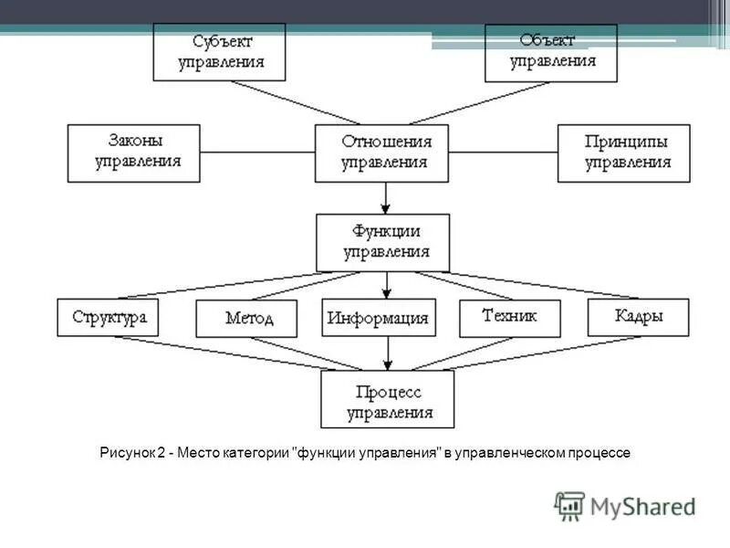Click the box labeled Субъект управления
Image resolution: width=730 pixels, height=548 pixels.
(x=219, y=52)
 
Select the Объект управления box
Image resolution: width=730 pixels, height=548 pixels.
(x=552, y=52)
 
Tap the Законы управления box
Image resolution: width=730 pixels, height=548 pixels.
(x=133, y=153)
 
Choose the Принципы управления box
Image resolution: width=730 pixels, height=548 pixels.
(x=624, y=153)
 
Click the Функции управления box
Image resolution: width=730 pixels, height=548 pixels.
(x=384, y=242)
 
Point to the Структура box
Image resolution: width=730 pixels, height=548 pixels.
(x=108, y=317)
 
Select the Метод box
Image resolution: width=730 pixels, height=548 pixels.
(x=246, y=319)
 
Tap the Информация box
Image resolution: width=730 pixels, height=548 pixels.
(x=379, y=319)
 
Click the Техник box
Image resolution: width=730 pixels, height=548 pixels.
(x=509, y=317)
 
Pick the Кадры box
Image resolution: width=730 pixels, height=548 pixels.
(x=638, y=317)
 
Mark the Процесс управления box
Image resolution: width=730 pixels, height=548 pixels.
(x=388, y=400)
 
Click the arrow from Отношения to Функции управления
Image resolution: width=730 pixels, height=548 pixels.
(x=387, y=196)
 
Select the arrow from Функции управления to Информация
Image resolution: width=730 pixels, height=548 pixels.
(x=387, y=285)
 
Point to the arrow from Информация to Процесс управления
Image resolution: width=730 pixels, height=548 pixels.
(x=388, y=353)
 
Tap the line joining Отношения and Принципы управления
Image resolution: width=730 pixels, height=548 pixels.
(x=505, y=152)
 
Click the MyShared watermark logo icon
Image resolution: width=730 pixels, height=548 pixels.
(x=570, y=505)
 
